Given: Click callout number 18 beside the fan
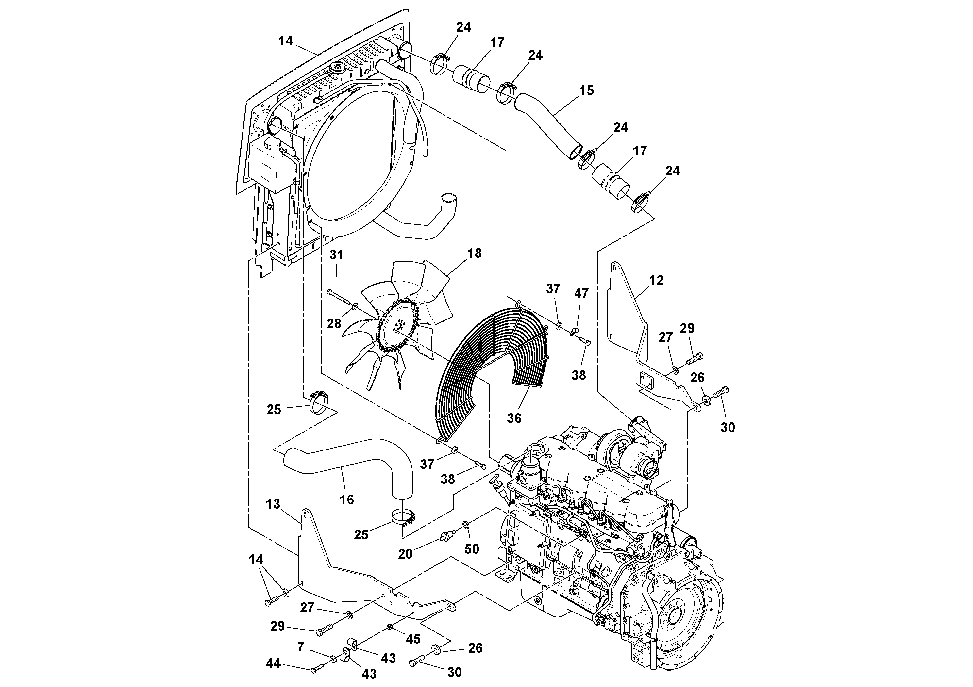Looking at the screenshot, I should (x=475, y=253).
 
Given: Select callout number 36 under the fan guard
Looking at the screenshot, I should (x=514, y=418).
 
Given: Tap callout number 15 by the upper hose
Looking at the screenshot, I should (x=586, y=90).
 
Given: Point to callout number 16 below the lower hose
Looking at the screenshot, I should (x=347, y=500).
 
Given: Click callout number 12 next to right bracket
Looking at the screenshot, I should (x=656, y=280).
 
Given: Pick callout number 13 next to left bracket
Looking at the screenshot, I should (x=273, y=504).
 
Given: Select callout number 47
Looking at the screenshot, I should (x=581, y=293).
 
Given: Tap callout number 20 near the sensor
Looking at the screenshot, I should (x=405, y=554).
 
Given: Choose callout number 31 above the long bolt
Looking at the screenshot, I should (x=336, y=255).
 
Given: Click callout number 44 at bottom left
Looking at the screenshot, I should (x=273, y=663).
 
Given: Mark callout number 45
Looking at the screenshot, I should (x=413, y=639).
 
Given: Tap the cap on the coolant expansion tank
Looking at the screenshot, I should (x=270, y=145).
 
